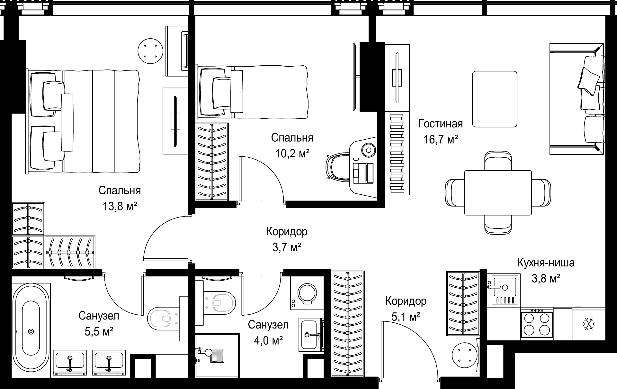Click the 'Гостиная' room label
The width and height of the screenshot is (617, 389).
(440, 124)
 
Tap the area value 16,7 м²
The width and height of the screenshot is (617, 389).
(440, 140)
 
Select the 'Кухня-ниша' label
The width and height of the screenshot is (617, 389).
(546, 263)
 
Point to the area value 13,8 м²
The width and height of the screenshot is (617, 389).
(120, 206)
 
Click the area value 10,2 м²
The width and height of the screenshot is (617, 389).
(292, 153)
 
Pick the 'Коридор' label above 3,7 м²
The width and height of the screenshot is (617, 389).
(287, 232)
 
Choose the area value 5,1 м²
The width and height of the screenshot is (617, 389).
(406, 317)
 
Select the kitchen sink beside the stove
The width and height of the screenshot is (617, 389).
(503, 290)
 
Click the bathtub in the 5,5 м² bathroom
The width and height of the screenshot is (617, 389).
(31, 331)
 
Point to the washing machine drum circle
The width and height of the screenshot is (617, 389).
(307, 293)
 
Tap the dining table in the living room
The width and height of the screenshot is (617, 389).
(498, 193)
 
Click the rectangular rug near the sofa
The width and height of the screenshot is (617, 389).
(495, 99)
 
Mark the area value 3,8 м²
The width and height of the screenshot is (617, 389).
(546, 278)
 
